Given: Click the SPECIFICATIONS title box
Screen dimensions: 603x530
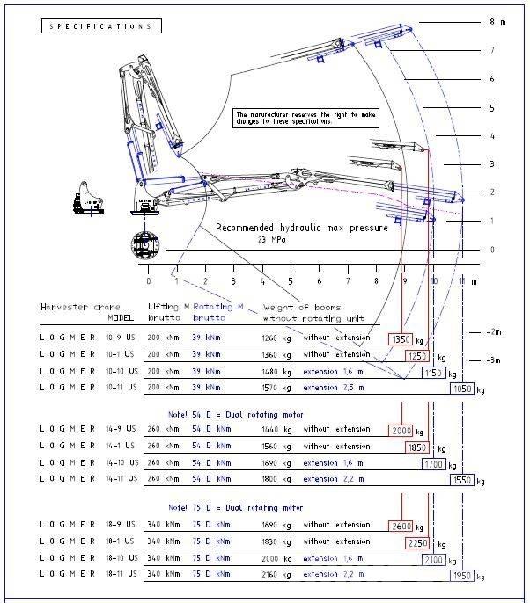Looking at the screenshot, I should click(x=101, y=26).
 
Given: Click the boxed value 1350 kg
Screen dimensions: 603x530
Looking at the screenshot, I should click(x=401, y=338).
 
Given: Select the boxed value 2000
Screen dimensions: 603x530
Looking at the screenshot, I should click(x=401, y=430).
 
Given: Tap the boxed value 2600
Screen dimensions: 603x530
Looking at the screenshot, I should click(x=401, y=527).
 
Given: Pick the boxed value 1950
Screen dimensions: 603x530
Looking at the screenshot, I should click(x=460, y=576).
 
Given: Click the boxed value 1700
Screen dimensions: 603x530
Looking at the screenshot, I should click(x=432, y=463).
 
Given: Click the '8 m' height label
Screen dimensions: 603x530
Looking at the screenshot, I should click(x=497, y=22).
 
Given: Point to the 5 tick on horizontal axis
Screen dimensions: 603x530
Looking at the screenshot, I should click(x=291, y=281).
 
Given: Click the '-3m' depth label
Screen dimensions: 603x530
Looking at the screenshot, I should click(x=495, y=360).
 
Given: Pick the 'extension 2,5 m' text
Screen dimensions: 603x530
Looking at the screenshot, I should click(x=335, y=387).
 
